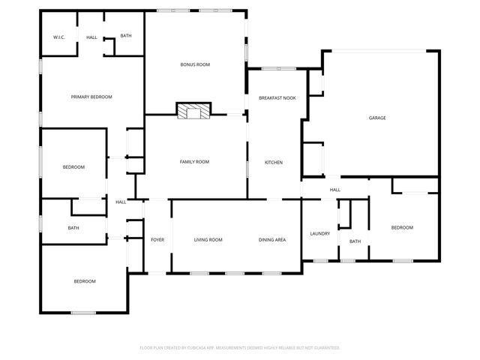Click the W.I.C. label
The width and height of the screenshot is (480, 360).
(x=60, y=37)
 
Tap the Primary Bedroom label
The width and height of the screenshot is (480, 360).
(x=91, y=97)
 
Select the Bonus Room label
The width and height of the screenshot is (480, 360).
(x=195, y=65)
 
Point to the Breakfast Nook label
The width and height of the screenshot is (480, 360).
(x=277, y=98)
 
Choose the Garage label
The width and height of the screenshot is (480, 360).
(x=377, y=118)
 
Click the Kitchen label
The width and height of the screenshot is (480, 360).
(x=274, y=162)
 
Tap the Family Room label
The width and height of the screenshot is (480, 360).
(x=194, y=162)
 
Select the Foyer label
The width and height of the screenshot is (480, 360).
(x=157, y=240)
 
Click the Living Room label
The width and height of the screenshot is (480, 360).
(x=208, y=240)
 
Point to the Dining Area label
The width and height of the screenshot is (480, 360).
(x=272, y=240)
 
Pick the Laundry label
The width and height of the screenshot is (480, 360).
(x=320, y=234)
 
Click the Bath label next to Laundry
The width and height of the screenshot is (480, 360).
(x=355, y=241)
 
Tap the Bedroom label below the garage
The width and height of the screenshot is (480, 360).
(x=402, y=227)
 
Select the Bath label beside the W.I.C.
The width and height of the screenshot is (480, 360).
(x=126, y=35)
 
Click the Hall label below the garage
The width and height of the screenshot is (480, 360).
(x=335, y=190)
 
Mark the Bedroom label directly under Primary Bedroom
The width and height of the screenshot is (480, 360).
(x=73, y=167)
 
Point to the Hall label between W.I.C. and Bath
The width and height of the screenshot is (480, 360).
(x=91, y=37)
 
